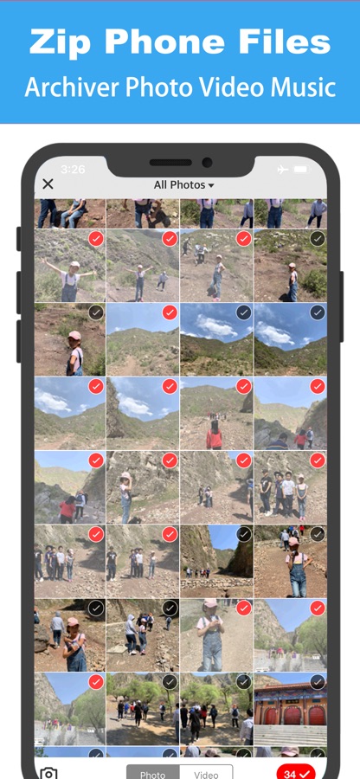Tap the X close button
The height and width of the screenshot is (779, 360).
pyautogui.click(x=48, y=184)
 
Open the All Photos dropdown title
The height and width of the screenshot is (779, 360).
pyautogui.click(x=183, y=185)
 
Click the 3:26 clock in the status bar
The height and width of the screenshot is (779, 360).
pyautogui.click(x=73, y=170)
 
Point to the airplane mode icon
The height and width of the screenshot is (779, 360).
pyautogui.click(x=282, y=170)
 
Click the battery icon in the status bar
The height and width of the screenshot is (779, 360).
pyautogui.click(x=301, y=170)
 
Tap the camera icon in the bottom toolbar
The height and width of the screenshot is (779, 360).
pyautogui.click(x=48, y=773)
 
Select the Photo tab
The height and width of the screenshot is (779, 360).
pyautogui.click(x=153, y=773)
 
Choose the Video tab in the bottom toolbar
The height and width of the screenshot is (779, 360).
pyautogui.click(x=206, y=773)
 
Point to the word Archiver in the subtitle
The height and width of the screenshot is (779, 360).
pyautogui.click(x=73, y=87)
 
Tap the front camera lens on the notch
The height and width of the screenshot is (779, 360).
pyautogui.click(x=207, y=163)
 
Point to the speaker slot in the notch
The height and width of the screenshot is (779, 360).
pyautogui.click(x=170, y=163)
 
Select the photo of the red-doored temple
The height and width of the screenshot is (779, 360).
pyautogui.click(x=291, y=711)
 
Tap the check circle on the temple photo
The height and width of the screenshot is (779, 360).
pyautogui.click(x=318, y=682)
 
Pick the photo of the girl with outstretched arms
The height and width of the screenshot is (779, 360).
pyautogui.click(x=69, y=266)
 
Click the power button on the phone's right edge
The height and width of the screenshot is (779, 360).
pyautogui.click(x=342, y=306)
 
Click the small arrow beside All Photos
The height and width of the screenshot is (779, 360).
pyautogui.click(x=211, y=185)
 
